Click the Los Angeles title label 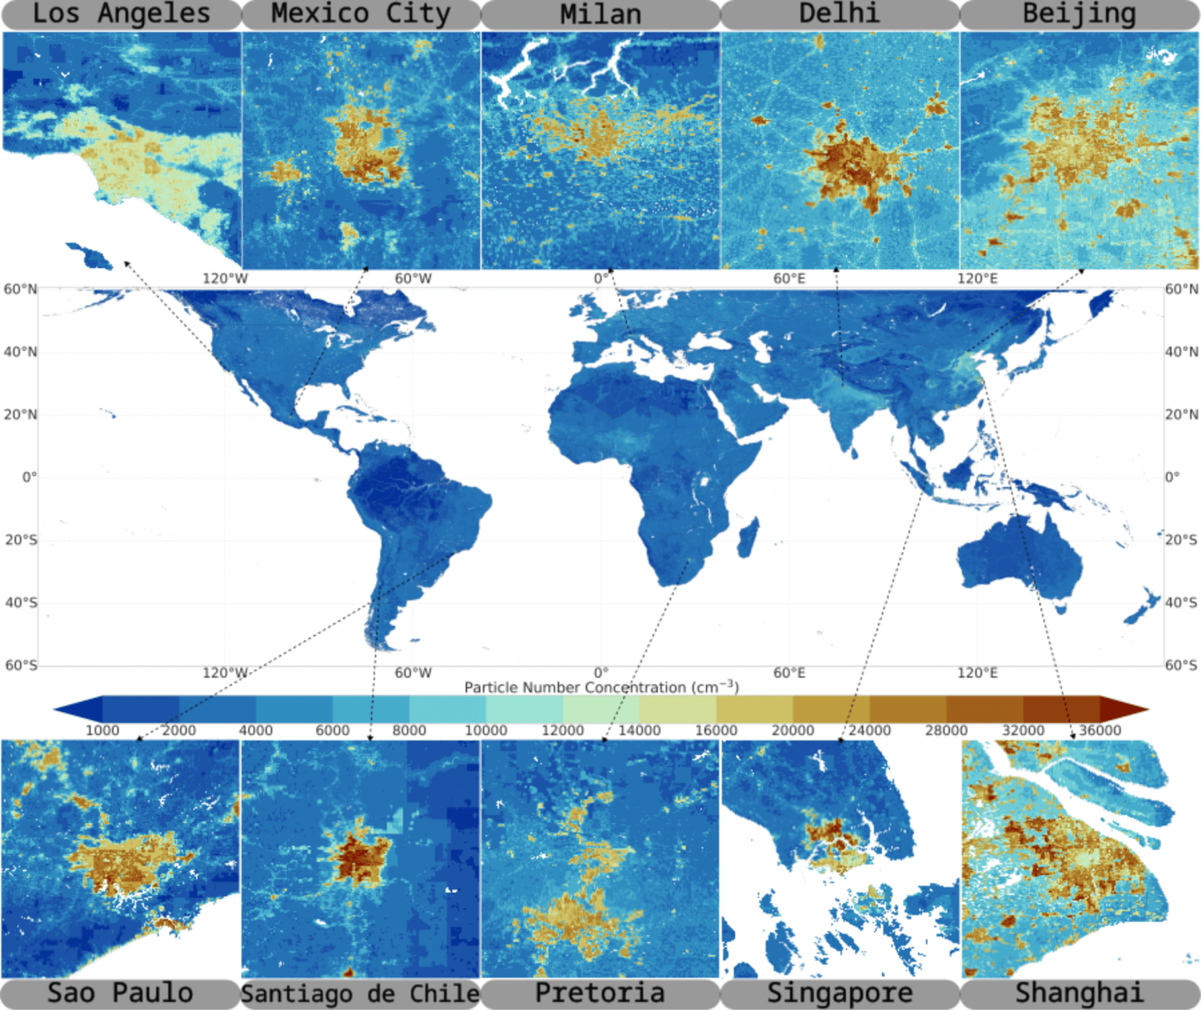(x=121, y=13)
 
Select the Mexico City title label (x=360, y=13)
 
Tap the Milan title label (x=600, y=14)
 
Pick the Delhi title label (x=839, y=13)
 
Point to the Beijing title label (x=1079, y=13)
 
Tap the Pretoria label (x=600, y=993)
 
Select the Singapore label (x=839, y=993)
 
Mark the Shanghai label (x=1079, y=993)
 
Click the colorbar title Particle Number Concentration (x=600, y=687)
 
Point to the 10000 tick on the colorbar (x=486, y=730)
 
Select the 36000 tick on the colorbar (x=1099, y=730)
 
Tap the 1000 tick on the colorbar (x=102, y=730)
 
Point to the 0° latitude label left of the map (x=29, y=477)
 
